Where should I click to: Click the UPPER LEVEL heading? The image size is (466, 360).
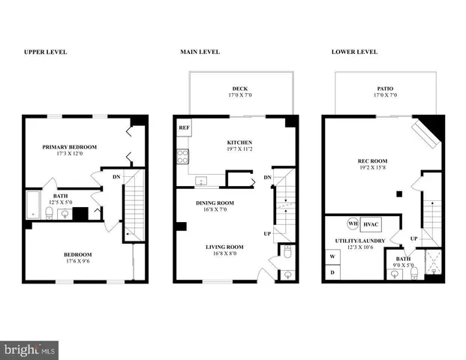point(46,52)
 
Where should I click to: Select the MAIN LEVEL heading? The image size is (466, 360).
point(199,52)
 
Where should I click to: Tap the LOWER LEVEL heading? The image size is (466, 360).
point(354,52)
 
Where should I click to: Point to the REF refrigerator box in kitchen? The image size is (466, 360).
point(184,128)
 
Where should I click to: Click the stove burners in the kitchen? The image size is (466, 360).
point(182,157)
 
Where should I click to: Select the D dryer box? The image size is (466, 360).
point(332,273)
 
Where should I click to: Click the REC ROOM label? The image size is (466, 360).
point(372,160)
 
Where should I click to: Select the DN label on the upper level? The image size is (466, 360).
point(116,176)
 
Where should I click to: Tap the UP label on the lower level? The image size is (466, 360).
point(413,239)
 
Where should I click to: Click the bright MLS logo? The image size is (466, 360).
point(29,349)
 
